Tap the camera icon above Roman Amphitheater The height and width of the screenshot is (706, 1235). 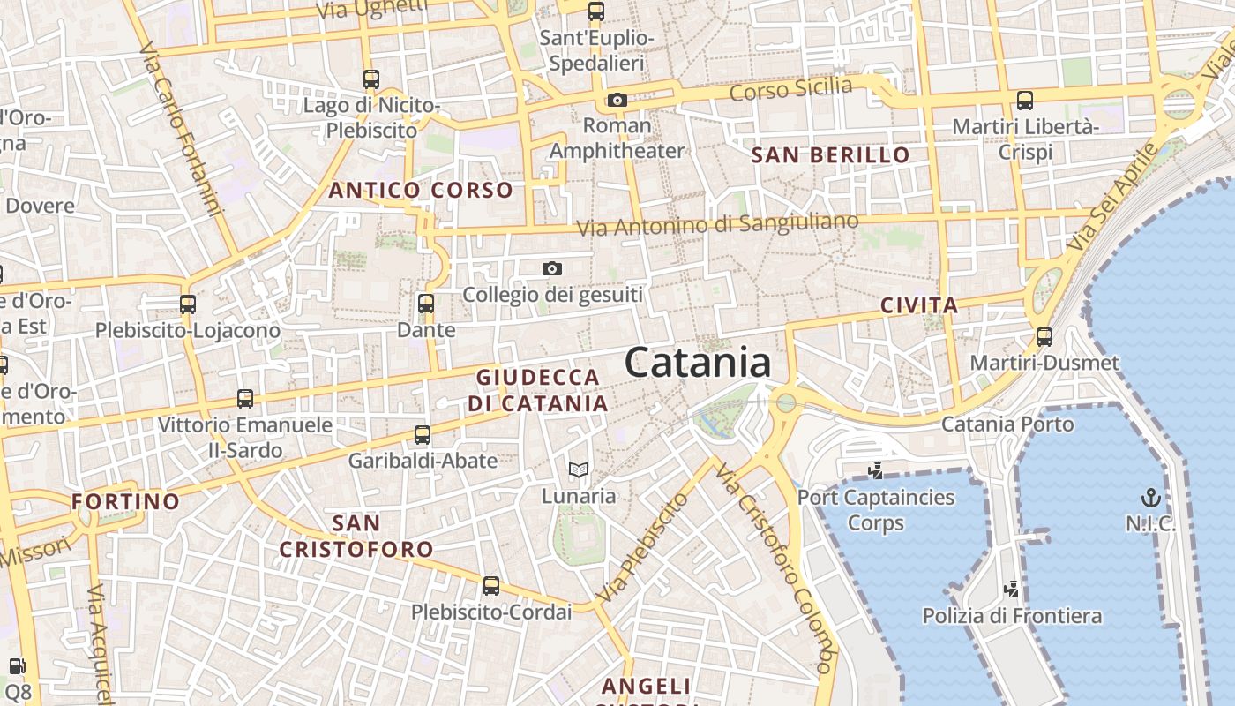(x=617, y=100)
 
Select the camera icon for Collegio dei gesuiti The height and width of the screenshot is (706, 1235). (x=552, y=268)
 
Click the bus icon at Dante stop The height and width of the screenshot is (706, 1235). (x=426, y=304)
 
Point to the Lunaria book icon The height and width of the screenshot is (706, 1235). (x=578, y=469)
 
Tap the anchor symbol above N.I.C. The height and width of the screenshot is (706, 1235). (x=1150, y=497)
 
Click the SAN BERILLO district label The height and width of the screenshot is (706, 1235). (x=829, y=156)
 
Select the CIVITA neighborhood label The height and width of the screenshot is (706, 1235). (x=919, y=306)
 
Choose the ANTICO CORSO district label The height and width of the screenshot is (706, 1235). (x=421, y=190)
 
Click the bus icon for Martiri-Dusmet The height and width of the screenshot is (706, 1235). (x=1044, y=336)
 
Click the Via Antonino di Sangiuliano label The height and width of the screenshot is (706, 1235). (x=717, y=224)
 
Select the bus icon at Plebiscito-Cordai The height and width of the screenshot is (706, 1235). (x=491, y=585)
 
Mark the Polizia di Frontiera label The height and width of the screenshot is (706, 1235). (x=1012, y=615)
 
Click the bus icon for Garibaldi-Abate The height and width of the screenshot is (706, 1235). (x=423, y=434)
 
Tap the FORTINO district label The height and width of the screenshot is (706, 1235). (x=125, y=501)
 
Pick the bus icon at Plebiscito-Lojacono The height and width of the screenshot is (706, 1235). (x=188, y=304)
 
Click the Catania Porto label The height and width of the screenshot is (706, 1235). (x=1007, y=424)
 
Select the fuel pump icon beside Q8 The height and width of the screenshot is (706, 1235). (x=16, y=666)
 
